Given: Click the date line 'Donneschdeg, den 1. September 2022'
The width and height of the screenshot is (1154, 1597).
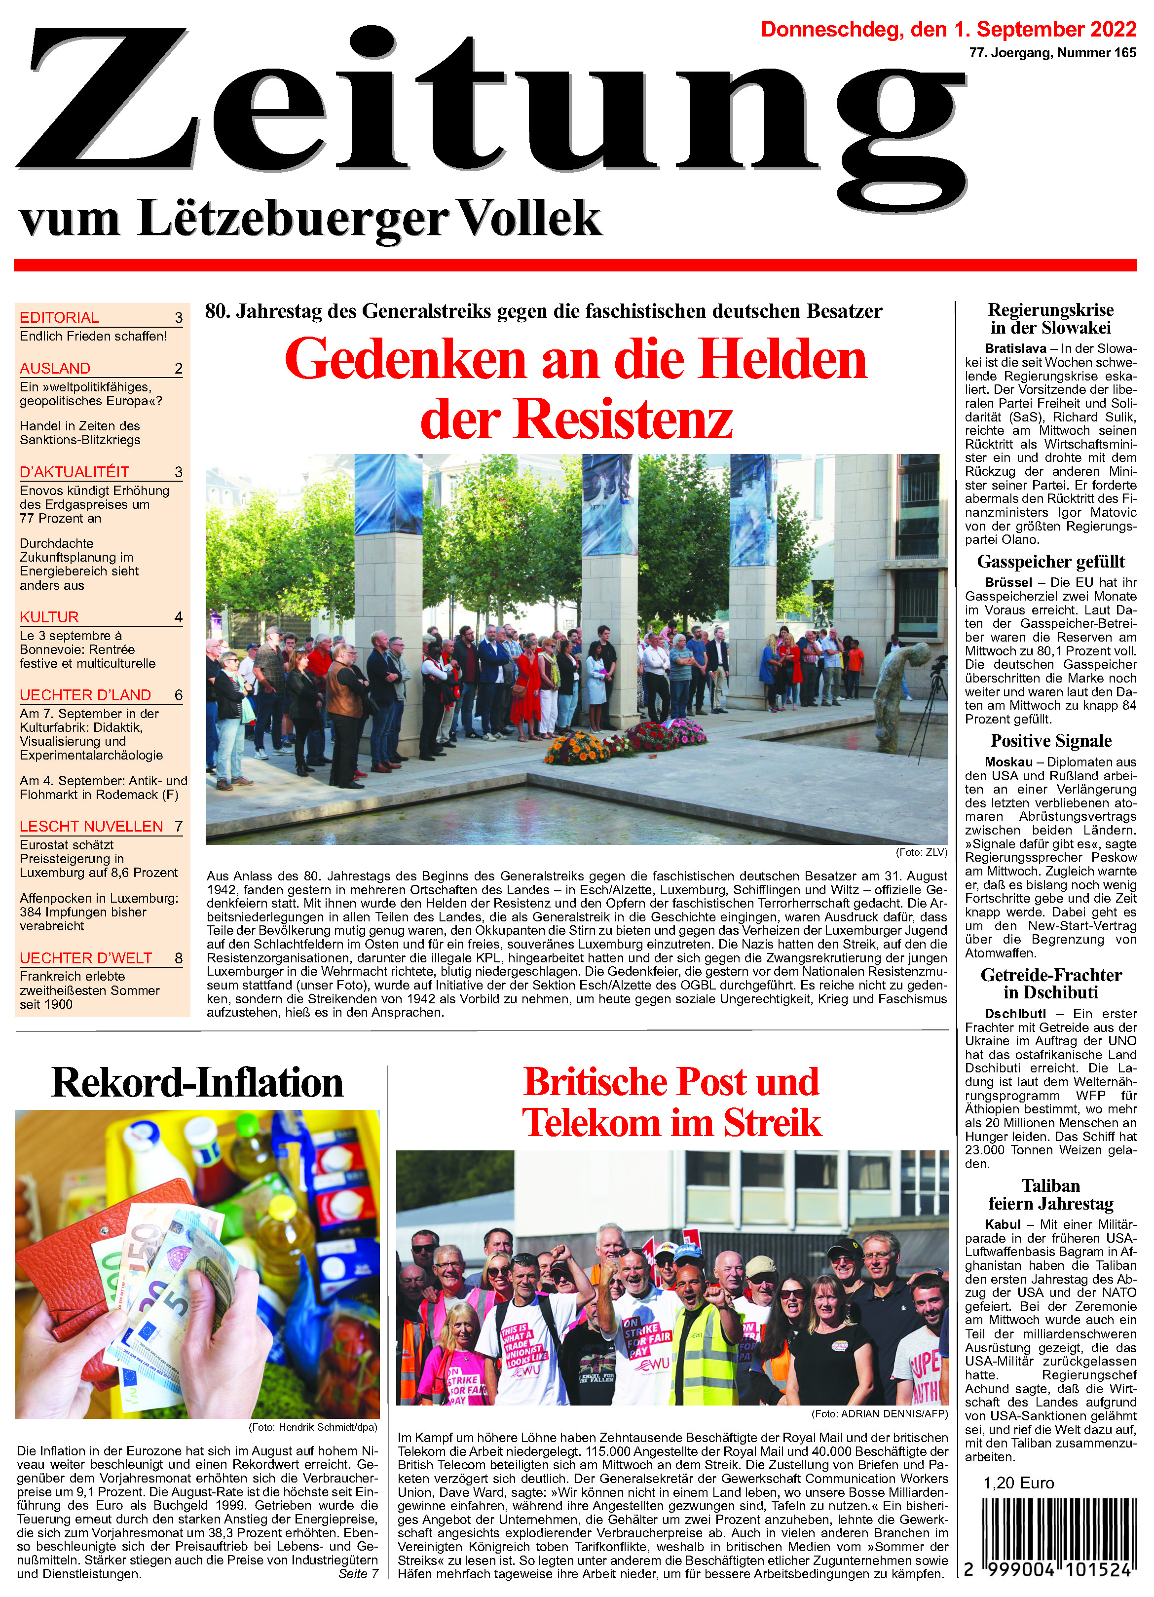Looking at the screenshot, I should coord(948,30).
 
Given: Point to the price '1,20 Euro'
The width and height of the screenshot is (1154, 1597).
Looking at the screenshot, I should coord(1018,1483).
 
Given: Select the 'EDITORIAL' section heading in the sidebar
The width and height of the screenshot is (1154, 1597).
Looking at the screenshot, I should coord(59,317).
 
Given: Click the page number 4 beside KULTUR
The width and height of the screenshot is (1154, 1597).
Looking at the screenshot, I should coord(178,617).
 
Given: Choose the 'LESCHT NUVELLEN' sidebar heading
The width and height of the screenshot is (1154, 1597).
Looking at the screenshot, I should coord(92,826).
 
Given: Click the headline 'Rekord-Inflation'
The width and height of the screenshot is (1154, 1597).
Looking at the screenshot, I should coord(197,1082).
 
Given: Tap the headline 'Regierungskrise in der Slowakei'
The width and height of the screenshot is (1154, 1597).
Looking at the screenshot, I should coord(1050,319).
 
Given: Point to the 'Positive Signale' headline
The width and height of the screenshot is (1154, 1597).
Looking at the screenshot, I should coord(1050,741).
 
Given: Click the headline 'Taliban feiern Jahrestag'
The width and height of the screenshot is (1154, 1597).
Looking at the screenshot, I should coord(1050,1194).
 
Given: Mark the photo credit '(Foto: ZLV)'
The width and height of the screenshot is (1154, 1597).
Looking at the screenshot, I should coord(922,852).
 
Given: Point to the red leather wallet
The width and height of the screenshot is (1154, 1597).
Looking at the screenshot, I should coord(77,1260).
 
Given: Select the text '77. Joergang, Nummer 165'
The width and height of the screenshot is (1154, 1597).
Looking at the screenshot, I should coord(1052,53).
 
